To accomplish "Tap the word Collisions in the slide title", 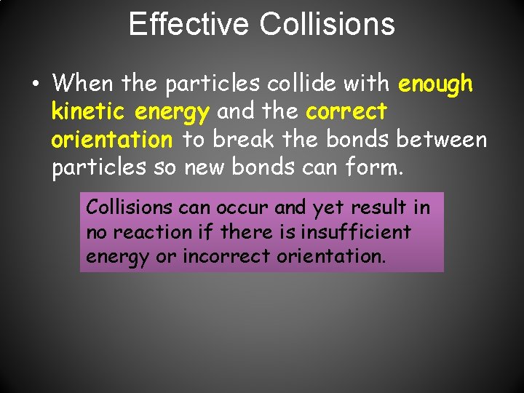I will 327,24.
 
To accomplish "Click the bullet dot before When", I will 36,84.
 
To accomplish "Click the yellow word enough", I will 436,84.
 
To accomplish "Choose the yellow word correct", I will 346,111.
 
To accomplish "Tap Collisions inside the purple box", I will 130,207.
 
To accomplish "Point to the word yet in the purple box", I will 325,208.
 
